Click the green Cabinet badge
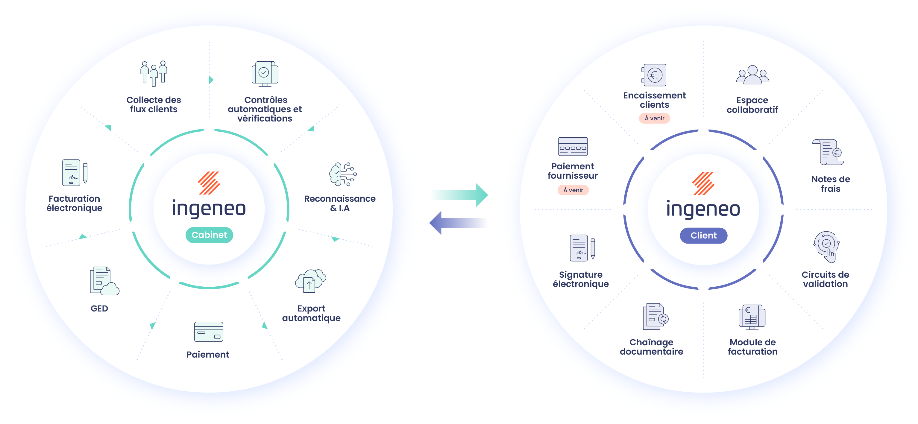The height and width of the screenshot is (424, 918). coord(209,235)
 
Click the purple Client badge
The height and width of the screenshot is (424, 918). coord(703,235)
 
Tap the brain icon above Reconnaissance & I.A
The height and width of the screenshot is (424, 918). coord(342,174)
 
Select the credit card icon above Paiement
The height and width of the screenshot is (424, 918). coord(209,332)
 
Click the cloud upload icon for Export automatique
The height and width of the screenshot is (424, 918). coord(310,281)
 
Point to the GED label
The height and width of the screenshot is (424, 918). coord(99,308)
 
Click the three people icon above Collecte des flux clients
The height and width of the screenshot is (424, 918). coord(154,73)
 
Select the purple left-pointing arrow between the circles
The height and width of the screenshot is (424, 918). coord(458,223)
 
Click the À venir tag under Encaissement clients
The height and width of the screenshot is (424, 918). coord(654,118)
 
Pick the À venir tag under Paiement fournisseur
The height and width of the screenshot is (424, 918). coord(573,190)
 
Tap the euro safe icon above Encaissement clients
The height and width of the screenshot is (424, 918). coord(654,75)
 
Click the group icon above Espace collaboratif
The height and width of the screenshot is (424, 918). coord(753,75)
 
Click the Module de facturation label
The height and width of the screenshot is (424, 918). coord(753,347)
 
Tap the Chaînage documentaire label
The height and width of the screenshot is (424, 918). coord(651,347)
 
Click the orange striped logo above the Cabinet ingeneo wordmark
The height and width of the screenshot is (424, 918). coord(209,183)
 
